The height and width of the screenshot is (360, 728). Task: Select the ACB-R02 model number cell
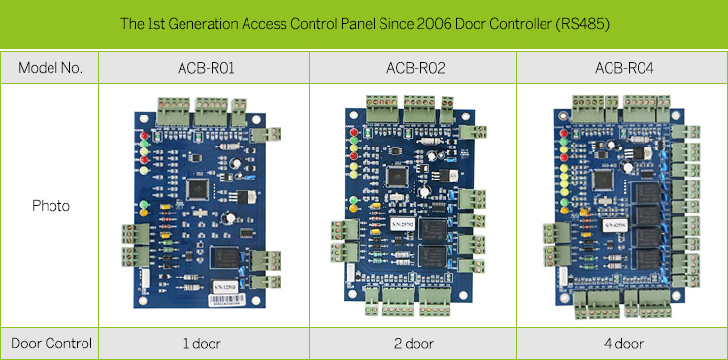coord(413,68)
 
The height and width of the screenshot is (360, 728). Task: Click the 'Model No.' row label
coord(50,68)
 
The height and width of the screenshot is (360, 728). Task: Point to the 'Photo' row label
coord(50,206)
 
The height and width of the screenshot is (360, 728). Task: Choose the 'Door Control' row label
coord(50,343)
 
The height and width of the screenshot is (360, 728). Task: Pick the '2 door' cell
coord(413,343)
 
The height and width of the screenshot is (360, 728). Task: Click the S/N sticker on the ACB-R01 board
coord(224,288)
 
